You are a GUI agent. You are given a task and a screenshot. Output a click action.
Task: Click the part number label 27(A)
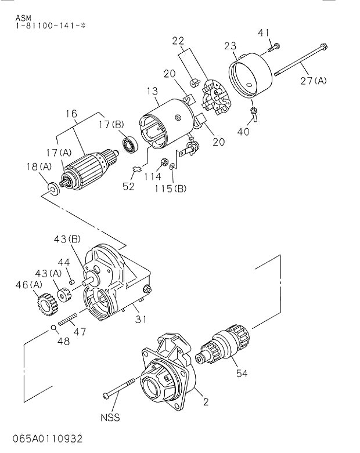coord(314,81)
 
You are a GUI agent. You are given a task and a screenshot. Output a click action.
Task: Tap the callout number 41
coord(264,32)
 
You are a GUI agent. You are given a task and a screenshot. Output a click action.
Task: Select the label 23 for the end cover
coord(231,45)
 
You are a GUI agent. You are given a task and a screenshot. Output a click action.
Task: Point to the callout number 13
coord(152,90)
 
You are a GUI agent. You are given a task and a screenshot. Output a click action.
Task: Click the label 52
coord(128,186)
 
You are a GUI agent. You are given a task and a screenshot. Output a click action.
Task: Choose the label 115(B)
coord(171,188)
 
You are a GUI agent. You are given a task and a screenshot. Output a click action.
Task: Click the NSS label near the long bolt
coord(111,417)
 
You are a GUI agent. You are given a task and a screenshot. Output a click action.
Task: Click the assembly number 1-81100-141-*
coord(48,27)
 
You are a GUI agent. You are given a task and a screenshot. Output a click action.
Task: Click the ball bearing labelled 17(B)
coord(129,143)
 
